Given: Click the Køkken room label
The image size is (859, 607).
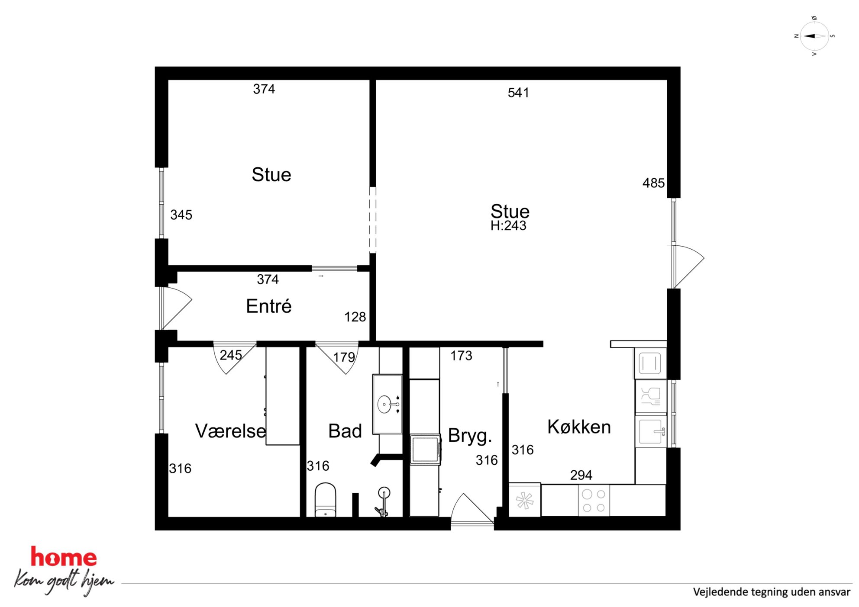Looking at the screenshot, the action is (x=579, y=427).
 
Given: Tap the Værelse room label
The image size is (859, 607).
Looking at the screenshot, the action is (x=231, y=431).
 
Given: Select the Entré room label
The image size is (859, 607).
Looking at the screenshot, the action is (x=269, y=306).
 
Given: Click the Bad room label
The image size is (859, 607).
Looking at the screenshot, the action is (x=345, y=431).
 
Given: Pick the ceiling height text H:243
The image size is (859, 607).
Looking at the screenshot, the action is (x=508, y=225).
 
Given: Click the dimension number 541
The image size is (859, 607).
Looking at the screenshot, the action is (x=518, y=93).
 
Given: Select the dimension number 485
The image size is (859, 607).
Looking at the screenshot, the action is (x=653, y=183).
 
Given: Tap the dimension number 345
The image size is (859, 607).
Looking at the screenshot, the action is (x=181, y=215).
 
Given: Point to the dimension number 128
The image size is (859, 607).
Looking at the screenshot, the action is (x=355, y=317).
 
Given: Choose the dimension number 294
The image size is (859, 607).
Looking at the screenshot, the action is (x=581, y=475).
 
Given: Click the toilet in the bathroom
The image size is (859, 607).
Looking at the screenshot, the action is (x=325, y=500).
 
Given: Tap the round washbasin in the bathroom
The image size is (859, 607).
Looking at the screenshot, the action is (x=384, y=405).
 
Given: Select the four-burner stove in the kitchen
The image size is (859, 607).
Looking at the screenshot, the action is (x=594, y=500).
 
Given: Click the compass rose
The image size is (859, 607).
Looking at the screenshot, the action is (x=814, y=36).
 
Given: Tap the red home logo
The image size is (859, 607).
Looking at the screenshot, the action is (x=64, y=557).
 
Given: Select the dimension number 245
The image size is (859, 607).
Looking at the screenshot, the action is (x=231, y=355).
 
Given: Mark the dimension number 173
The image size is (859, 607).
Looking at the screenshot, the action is (x=461, y=356).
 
